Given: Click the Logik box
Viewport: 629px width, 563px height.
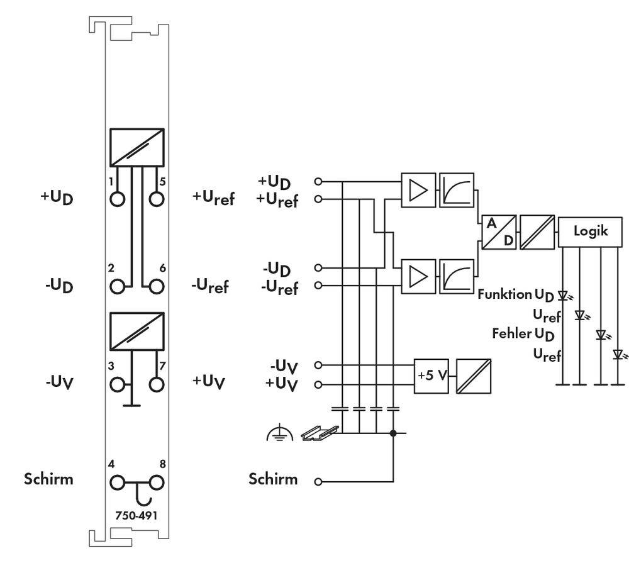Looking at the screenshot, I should coord(590,231).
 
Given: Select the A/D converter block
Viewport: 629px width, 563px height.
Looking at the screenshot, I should coord(498,232).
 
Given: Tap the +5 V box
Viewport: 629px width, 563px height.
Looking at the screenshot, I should coord(431,376).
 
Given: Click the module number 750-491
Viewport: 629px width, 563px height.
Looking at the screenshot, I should coord(136,515).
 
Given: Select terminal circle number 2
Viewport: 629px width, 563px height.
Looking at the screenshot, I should coord(117,287).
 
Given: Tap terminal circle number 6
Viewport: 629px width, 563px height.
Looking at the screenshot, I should coord(156,287).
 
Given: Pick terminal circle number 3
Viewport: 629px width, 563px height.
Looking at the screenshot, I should coord(117,383).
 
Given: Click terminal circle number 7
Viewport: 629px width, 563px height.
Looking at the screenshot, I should coord(156,383).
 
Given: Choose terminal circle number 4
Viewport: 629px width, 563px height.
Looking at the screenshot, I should coord(117,483).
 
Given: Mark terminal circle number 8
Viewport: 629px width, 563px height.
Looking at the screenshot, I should coord(156,483).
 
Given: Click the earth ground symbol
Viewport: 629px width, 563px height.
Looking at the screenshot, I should coord(279,432).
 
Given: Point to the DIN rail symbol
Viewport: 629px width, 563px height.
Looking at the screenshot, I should coord(320,432).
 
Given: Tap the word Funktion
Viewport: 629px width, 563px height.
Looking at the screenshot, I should coord(504,294).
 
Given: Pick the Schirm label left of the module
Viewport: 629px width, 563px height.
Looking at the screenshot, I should coord(48,479).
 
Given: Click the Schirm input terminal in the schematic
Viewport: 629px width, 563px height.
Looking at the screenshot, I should coord(318,482).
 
